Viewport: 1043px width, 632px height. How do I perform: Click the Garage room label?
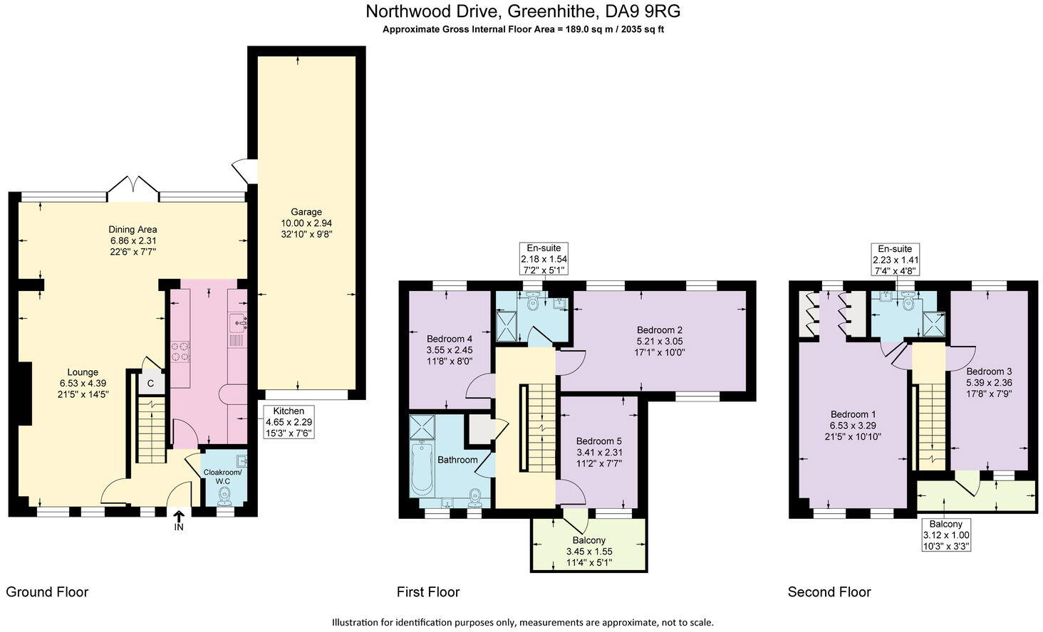point(306,211)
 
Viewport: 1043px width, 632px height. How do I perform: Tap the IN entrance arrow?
point(178,518)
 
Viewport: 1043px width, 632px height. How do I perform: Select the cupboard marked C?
point(150,383)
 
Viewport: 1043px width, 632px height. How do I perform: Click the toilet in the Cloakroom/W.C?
point(226,493)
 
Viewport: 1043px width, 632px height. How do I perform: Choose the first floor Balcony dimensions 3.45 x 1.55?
point(588,552)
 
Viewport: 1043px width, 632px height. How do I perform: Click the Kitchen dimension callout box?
point(289,421)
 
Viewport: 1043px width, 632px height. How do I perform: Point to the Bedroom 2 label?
point(659,330)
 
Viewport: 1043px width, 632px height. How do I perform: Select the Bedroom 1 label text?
point(853,414)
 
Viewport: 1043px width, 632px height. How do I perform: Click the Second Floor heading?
point(829,592)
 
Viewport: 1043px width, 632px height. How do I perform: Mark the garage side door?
point(244,171)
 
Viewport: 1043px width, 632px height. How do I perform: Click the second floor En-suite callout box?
point(894,259)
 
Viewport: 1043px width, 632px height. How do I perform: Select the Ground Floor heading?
point(47,592)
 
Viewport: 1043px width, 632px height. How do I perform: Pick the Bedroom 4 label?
point(449,339)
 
